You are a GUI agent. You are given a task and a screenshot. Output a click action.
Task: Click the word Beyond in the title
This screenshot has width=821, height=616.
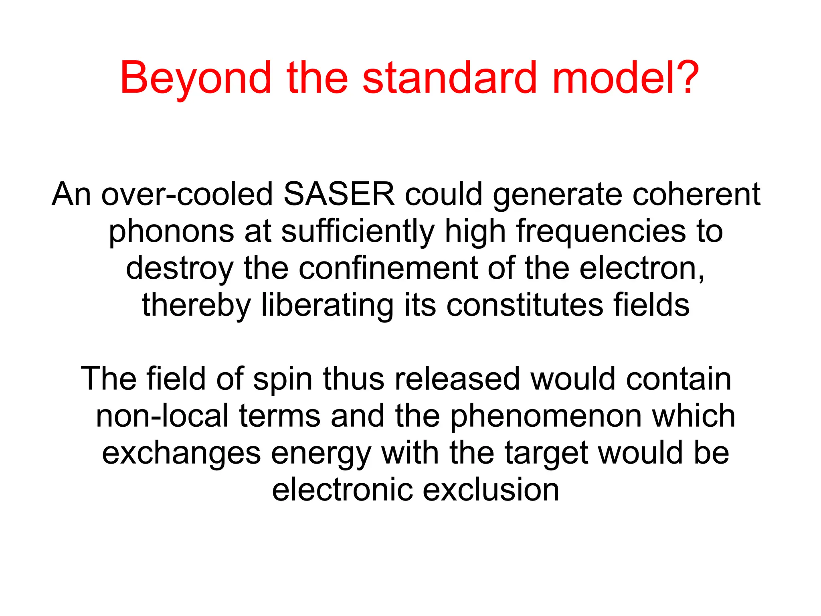pyautogui.click(x=196, y=79)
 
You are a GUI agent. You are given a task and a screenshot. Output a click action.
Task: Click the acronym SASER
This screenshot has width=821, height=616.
pyautogui.click(x=339, y=194)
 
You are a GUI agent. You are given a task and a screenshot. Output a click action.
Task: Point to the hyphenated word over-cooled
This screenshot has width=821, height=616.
pyautogui.click(x=187, y=194)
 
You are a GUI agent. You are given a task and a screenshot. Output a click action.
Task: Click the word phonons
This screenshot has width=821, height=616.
pyautogui.click(x=171, y=232)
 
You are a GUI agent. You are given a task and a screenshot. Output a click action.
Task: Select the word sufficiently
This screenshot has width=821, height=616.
pyautogui.click(x=358, y=232)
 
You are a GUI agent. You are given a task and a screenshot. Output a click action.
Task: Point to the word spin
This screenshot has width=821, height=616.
pyautogui.click(x=283, y=379)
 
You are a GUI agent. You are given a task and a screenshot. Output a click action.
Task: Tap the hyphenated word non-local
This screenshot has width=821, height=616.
pyautogui.click(x=162, y=416)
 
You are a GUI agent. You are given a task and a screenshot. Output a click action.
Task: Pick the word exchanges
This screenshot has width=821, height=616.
pyautogui.click(x=181, y=453)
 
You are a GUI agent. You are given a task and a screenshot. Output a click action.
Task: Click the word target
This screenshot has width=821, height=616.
pyautogui.click(x=547, y=453)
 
